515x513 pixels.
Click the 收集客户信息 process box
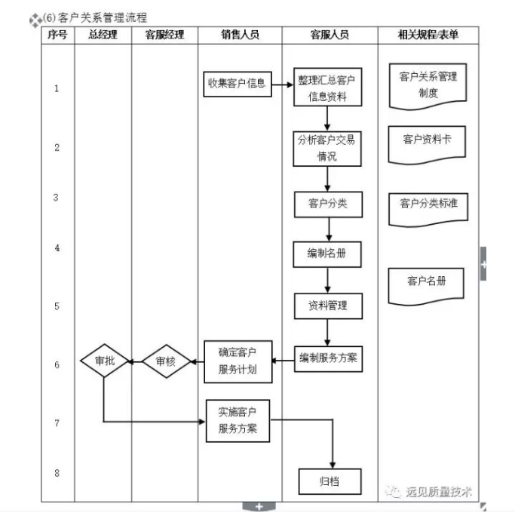[x=237, y=84]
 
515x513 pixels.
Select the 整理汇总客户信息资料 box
[x=328, y=88]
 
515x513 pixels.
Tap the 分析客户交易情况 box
[x=326, y=148]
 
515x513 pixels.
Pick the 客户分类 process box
[x=328, y=204]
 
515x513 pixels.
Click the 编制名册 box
[x=328, y=254]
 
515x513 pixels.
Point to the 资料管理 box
[x=328, y=306]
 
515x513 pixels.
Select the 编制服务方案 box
[x=328, y=358]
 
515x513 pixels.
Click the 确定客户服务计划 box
[x=238, y=361]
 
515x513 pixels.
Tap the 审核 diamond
[x=165, y=361]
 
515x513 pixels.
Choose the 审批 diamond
[x=105, y=361]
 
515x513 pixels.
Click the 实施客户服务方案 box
[x=238, y=421]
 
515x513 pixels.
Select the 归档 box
[x=330, y=481]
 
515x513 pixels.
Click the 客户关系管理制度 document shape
[x=428, y=85]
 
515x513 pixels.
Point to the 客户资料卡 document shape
[x=428, y=141]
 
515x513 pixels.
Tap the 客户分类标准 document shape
[x=428, y=205]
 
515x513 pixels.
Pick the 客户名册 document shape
[x=427, y=284]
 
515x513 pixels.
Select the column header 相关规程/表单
[x=428, y=35]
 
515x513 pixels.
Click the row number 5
[x=57, y=306]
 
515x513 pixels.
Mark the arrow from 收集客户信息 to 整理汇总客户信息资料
[x=281, y=84]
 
